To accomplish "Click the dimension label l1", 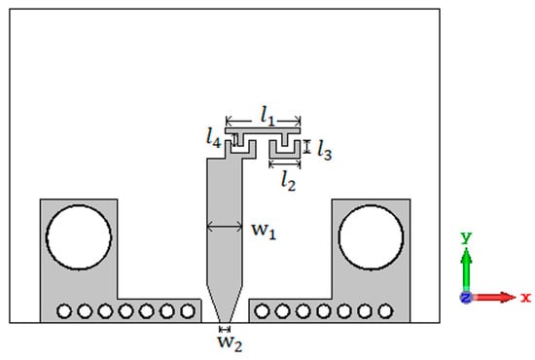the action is click(267, 116).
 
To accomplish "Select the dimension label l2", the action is click(288, 181).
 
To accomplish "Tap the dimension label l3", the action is click(325, 150).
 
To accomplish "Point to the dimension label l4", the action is click(214, 138).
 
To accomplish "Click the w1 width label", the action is click(264, 231).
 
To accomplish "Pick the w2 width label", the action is click(230, 343).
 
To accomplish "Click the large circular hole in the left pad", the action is click(79, 237).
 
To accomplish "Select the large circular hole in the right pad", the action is click(371, 237).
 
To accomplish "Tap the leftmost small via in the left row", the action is click(64, 310).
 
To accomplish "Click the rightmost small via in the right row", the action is click(385, 310).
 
